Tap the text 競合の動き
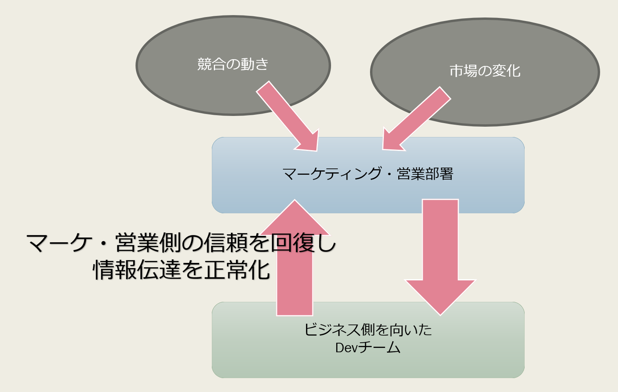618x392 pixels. (233, 64)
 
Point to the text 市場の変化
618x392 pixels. (485, 71)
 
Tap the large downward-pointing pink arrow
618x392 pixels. (440, 257)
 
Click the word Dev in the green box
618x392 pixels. (346, 348)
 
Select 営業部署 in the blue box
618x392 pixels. (425, 174)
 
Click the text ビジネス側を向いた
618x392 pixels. (368, 330)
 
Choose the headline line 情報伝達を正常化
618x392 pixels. (181, 270)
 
